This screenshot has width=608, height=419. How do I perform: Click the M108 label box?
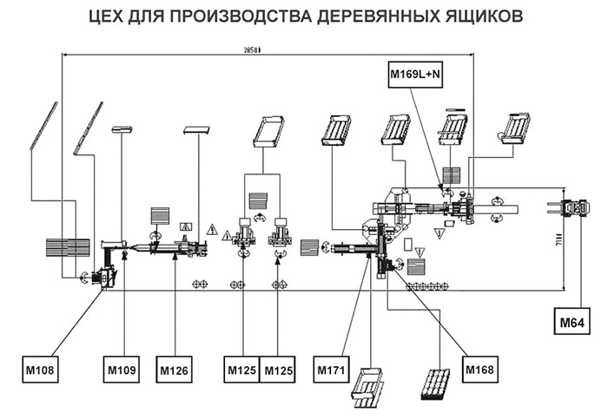(x=38, y=370)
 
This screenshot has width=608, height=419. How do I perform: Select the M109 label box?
(x=121, y=370)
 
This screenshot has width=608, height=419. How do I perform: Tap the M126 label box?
(x=175, y=370)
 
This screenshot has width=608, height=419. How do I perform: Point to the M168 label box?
(x=480, y=370)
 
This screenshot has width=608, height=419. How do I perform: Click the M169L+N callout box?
(x=415, y=75)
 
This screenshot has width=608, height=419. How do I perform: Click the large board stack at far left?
(x=67, y=246)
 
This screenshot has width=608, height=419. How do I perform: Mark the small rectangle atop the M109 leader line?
(x=121, y=129)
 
